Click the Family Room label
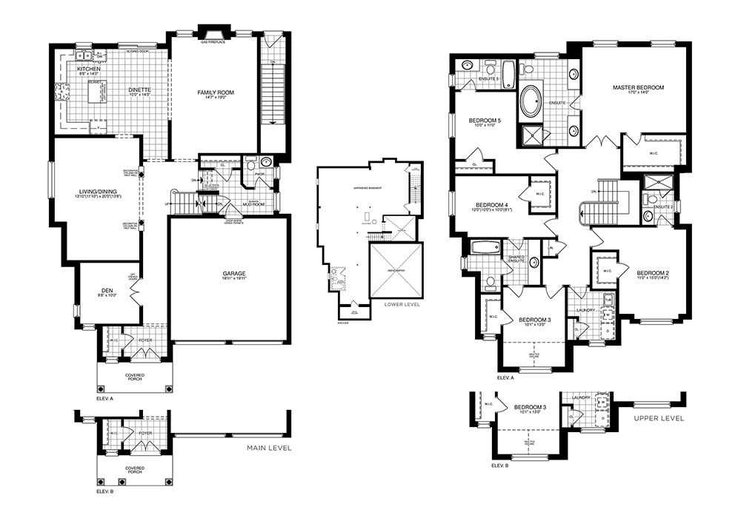click(x=216, y=92)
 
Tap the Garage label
click(x=234, y=275)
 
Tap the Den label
click(x=107, y=291)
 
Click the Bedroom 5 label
click(x=485, y=121)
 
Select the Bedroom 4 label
click(x=491, y=205)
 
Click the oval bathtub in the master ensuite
click(x=531, y=103)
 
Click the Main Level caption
click(x=268, y=448)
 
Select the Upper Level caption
click(x=658, y=418)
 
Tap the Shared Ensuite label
click(x=517, y=259)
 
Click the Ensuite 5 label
click(x=489, y=78)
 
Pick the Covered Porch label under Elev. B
click(x=134, y=471)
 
